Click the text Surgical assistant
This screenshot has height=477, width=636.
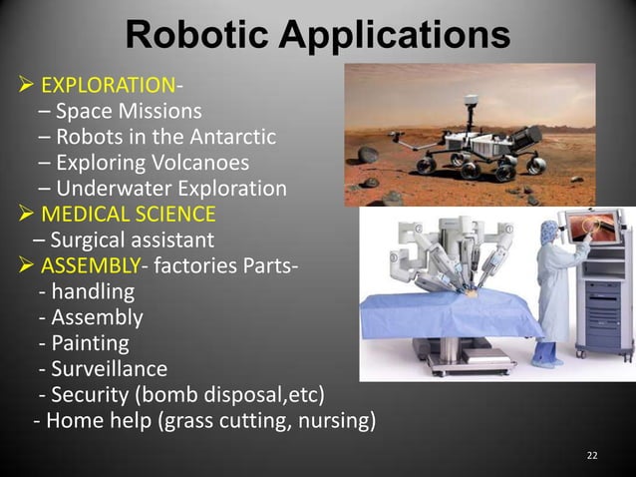click(x=124, y=240)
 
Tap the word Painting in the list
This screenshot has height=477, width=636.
click(x=88, y=344)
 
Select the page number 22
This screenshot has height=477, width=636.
click(x=592, y=456)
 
